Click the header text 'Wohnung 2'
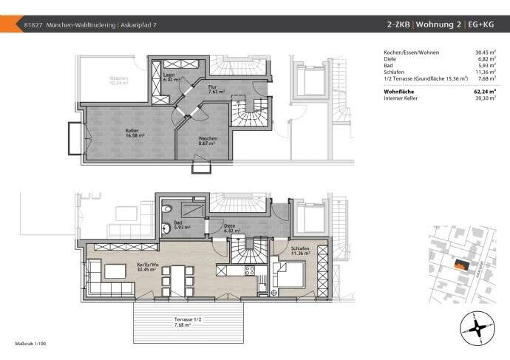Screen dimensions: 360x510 439,24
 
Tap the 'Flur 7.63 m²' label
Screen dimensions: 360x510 215,90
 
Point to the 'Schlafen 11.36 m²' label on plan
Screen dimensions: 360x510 300,251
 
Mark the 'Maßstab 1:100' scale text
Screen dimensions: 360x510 30,344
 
